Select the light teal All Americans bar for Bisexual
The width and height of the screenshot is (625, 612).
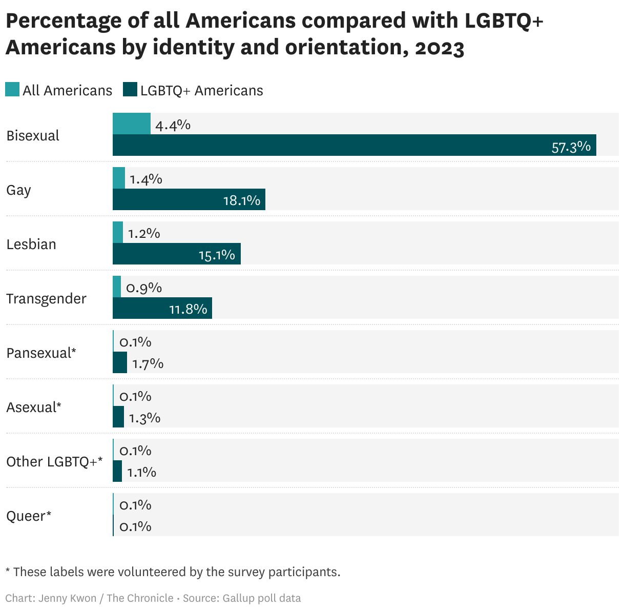(131, 124)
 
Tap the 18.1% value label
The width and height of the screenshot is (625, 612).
(241, 200)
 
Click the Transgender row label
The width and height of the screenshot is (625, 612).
(46, 299)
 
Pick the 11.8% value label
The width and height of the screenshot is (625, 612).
(188, 309)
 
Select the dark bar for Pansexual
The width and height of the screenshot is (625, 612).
(120, 363)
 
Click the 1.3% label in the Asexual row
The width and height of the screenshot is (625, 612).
(144, 418)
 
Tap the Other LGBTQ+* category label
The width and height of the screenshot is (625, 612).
(54, 462)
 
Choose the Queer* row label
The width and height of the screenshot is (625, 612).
(29, 516)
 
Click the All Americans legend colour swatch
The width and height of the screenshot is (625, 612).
(13, 90)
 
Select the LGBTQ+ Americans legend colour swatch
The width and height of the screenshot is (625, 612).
(130, 90)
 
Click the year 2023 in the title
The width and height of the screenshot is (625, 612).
(439, 48)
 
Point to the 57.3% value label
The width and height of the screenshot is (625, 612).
(571, 148)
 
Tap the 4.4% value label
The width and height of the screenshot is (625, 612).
(173, 125)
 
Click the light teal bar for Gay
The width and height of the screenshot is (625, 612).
(119, 178)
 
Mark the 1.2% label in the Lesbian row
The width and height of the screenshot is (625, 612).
(144, 234)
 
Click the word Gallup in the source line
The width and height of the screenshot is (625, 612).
(240, 598)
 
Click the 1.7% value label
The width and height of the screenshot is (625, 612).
(148, 364)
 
